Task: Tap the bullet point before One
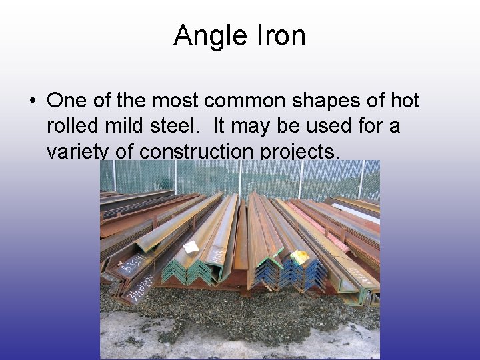point(32,101)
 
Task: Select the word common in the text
point(250,101)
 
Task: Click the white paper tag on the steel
point(191,247)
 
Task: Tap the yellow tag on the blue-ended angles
point(299,256)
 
